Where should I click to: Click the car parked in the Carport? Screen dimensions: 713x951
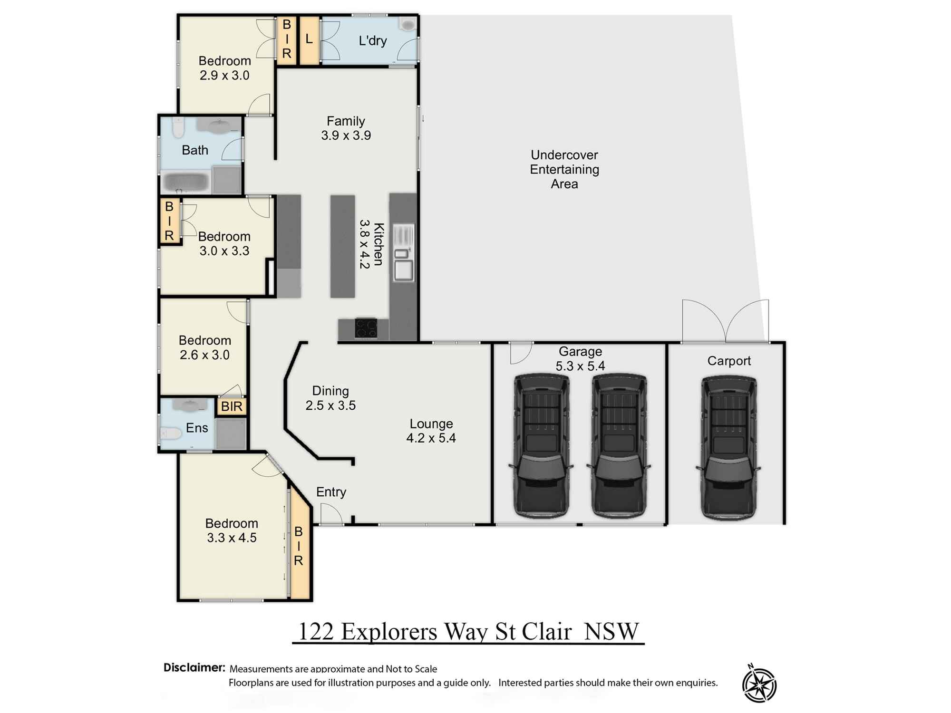(x=728, y=447)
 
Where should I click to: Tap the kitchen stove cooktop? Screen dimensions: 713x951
(x=366, y=328)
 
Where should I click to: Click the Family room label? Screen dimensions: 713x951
(x=346, y=128)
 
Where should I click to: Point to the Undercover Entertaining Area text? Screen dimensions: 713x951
(x=564, y=169)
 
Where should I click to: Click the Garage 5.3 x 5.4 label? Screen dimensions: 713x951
(x=580, y=358)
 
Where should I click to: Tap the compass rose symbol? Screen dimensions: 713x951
(x=759, y=684)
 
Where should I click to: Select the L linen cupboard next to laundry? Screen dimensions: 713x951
(x=309, y=40)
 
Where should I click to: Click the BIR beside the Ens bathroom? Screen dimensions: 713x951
(x=232, y=406)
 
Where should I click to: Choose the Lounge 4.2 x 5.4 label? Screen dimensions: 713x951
(x=431, y=431)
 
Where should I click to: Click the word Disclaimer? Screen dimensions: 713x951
(x=194, y=667)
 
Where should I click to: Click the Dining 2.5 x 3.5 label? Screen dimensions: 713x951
(x=330, y=398)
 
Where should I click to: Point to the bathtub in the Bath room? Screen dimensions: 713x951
(x=185, y=183)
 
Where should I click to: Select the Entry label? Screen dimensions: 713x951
(x=331, y=492)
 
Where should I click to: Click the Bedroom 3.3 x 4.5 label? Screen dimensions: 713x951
(x=232, y=530)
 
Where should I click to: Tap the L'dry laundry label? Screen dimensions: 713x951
(x=372, y=41)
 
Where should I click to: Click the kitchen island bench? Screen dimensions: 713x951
(x=343, y=246)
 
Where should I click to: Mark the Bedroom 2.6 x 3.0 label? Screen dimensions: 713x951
(x=204, y=347)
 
